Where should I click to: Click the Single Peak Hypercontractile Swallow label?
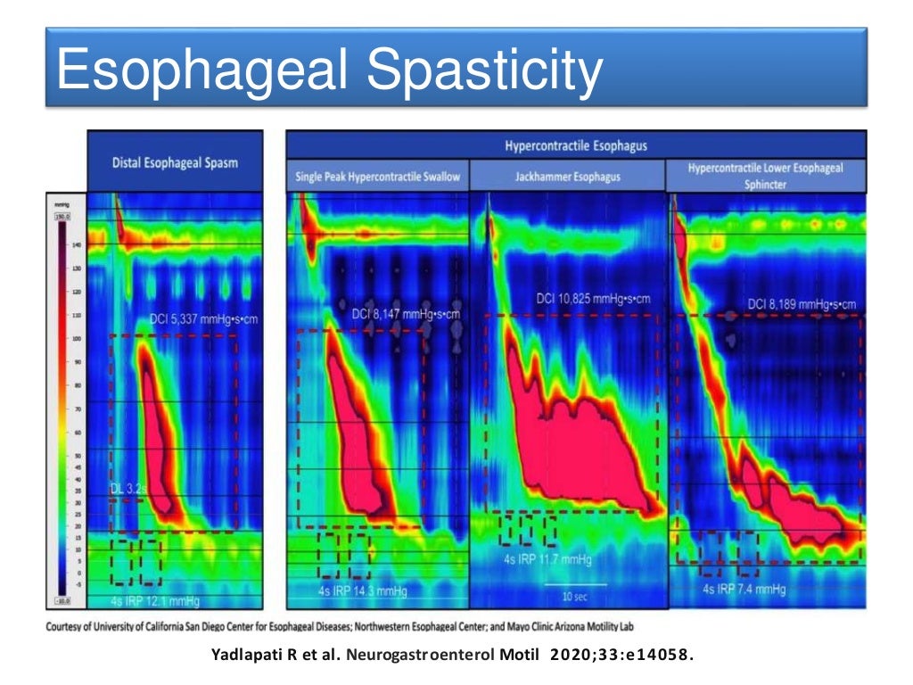(x=378, y=177)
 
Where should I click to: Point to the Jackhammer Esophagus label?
(x=568, y=177)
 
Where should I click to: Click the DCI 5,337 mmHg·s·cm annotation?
(x=202, y=318)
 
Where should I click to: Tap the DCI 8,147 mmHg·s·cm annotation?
(x=406, y=313)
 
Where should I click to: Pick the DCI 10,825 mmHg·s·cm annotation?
(x=593, y=298)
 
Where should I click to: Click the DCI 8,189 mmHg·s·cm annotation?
(x=802, y=304)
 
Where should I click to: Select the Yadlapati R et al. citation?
(x=452, y=656)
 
